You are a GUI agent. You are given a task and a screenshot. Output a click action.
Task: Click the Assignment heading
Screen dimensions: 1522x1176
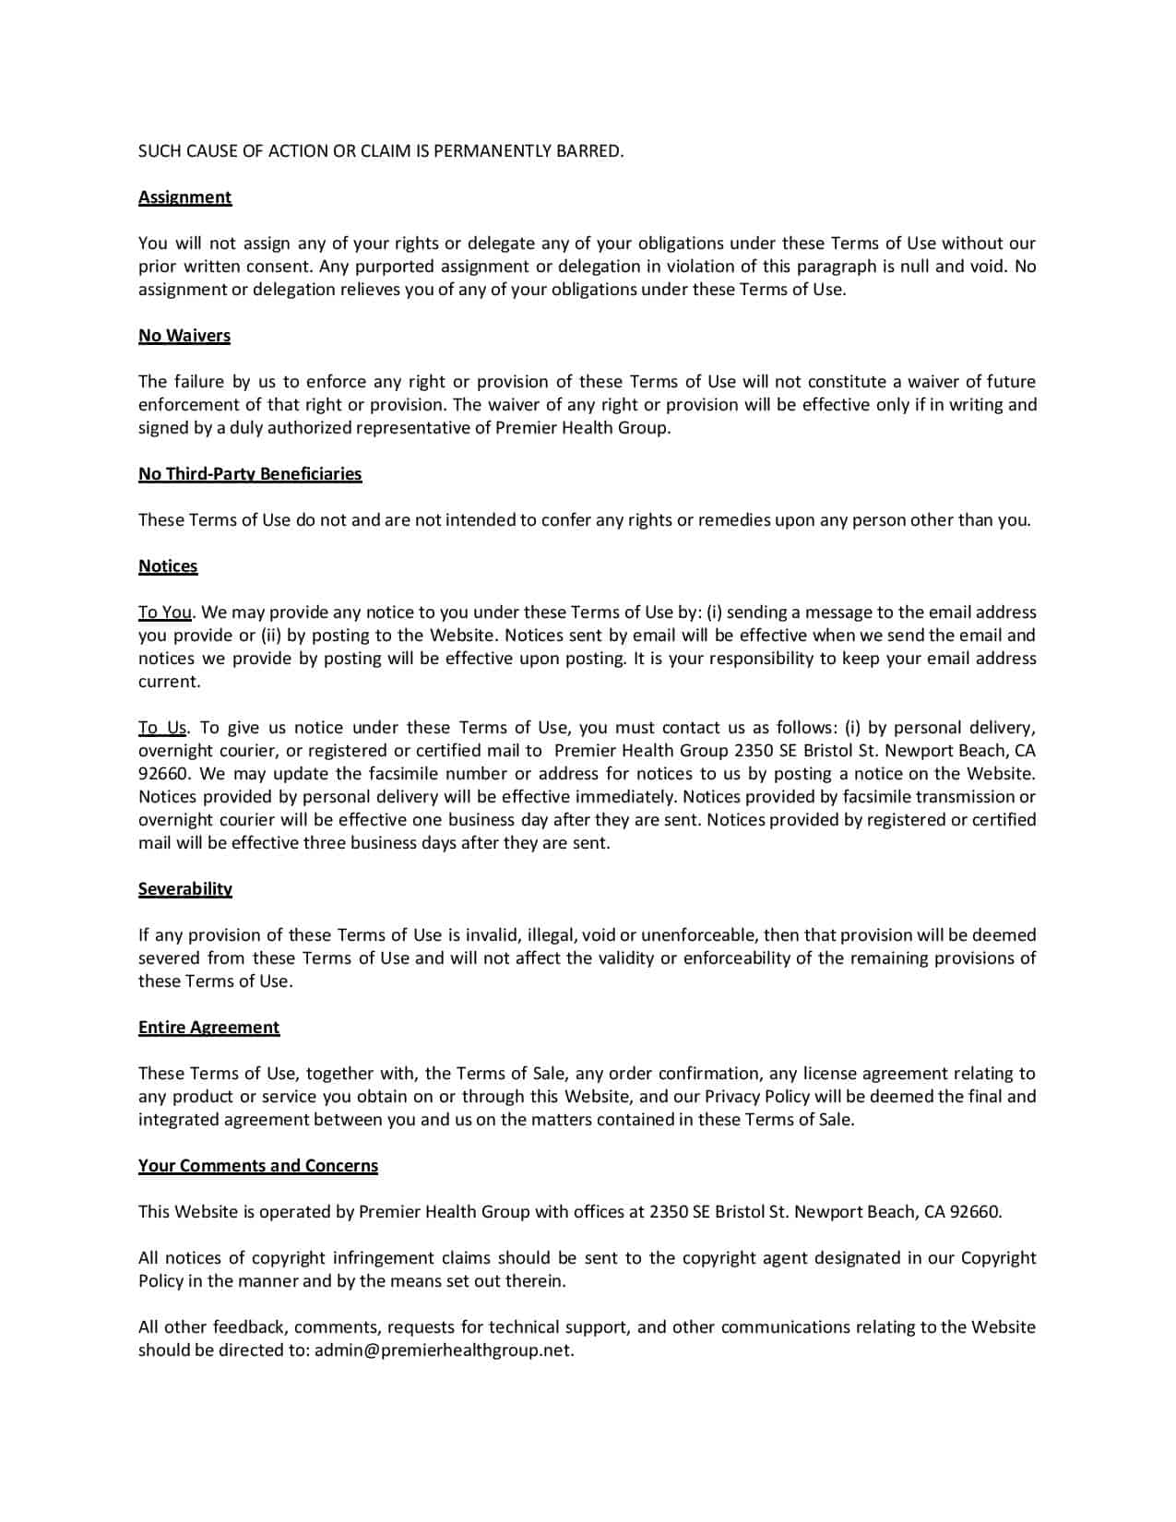[x=184, y=197]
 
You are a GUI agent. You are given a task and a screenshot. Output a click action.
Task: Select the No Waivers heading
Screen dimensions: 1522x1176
[x=184, y=336]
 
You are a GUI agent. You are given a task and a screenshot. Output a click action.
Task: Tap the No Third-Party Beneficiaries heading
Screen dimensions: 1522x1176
[x=250, y=474]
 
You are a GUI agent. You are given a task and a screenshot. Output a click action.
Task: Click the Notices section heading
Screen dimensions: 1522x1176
[x=168, y=566]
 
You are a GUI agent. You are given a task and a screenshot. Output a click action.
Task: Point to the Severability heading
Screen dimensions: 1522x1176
[x=185, y=889]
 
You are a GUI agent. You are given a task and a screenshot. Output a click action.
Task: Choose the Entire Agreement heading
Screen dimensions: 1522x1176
[x=208, y=1028]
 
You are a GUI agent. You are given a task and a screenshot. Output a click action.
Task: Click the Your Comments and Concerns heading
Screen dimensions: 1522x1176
[x=258, y=1166]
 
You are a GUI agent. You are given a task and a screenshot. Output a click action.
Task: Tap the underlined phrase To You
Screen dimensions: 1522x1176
[x=165, y=612]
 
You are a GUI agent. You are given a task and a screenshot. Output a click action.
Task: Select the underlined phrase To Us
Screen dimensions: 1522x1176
[x=162, y=728]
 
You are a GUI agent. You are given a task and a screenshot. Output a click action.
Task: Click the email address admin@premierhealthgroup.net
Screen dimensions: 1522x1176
[x=444, y=1350]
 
